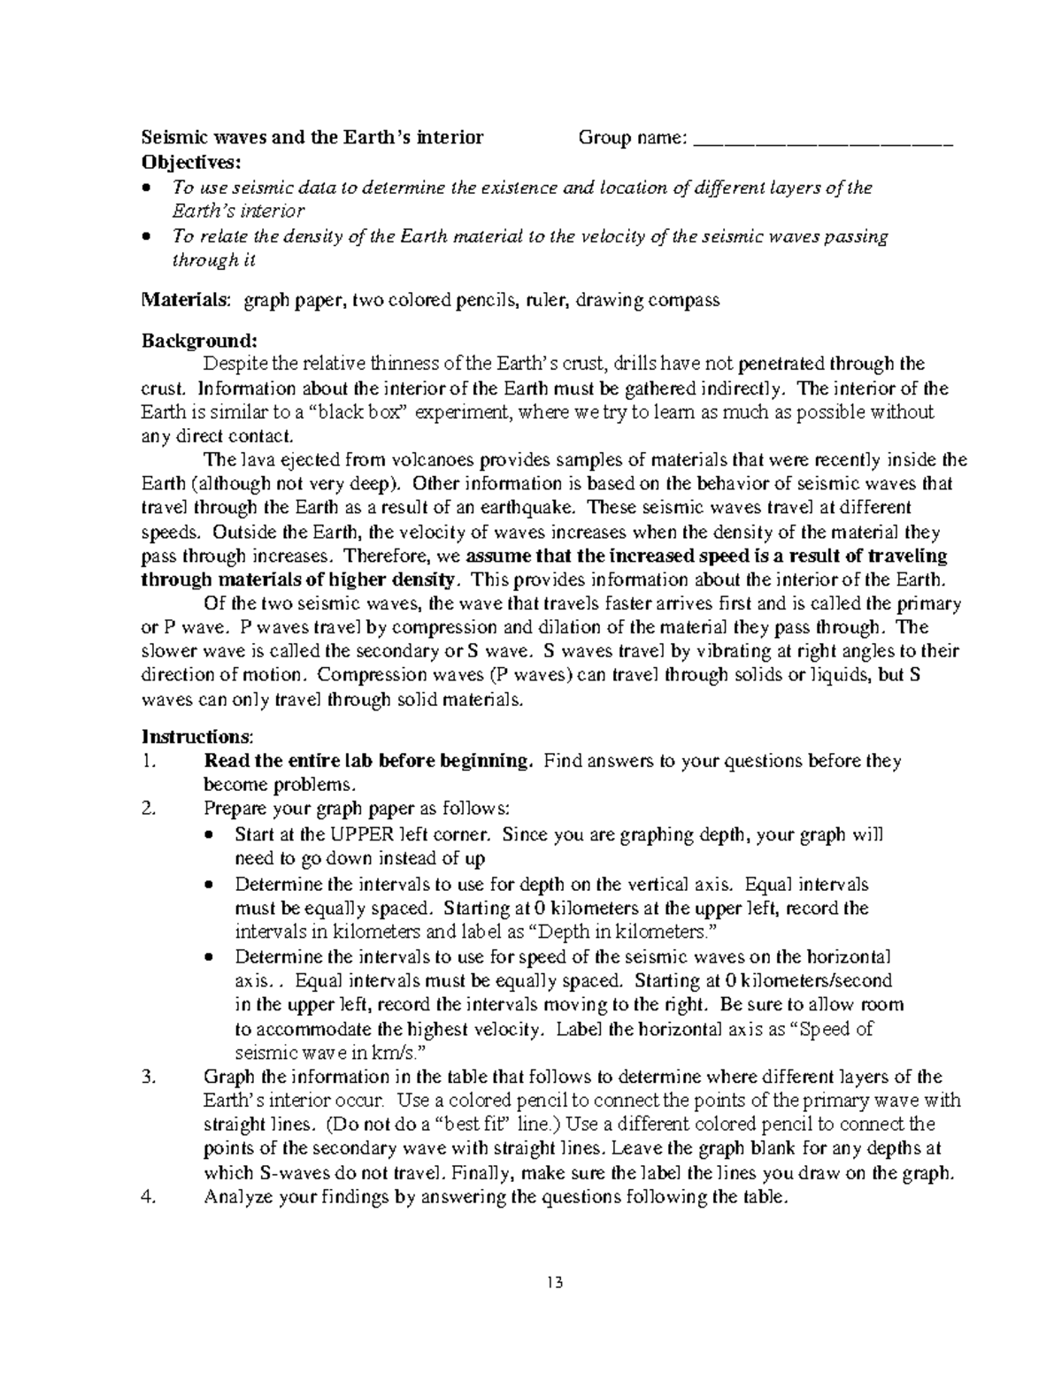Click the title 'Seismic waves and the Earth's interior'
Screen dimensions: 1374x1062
[312, 138]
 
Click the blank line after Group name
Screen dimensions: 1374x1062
[823, 140]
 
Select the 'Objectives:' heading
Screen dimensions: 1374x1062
[190, 163]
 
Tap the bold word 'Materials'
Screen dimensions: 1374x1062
[185, 300]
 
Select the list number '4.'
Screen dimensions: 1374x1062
[149, 1198]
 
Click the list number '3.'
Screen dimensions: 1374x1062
[149, 1078]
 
